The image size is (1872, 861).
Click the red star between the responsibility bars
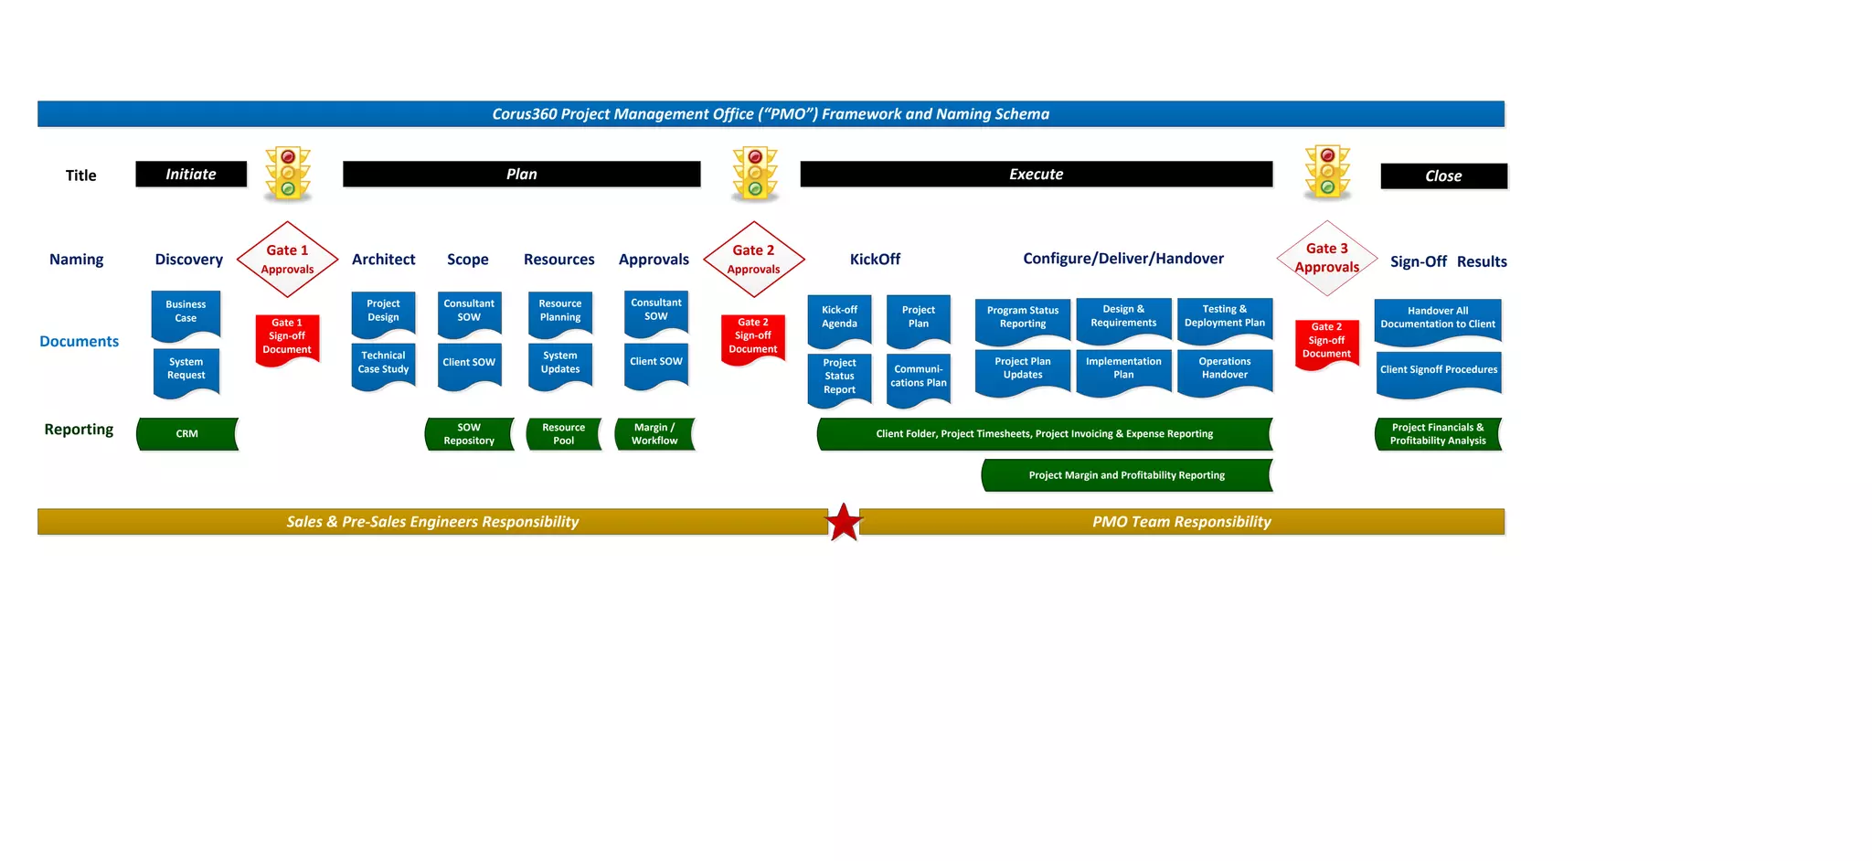(x=844, y=522)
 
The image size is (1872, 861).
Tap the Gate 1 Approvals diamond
(x=287, y=259)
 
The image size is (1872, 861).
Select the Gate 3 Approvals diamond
(x=1326, y=258)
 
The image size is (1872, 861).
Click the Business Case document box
(x=186, y=312)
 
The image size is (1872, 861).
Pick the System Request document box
(x=186, y=369)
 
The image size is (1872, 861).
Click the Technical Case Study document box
(x=383, y=363)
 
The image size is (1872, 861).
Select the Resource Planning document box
(x=560, y=311)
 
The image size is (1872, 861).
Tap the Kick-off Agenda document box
(x=839, y=317)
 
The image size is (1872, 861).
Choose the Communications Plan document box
(x=919, y=377)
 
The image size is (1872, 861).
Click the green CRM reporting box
(x=187, y=434)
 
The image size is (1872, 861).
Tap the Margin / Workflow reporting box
(x=654, y=434)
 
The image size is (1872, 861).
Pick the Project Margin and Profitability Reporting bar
(x=1126, y=475)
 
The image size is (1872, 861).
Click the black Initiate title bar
(x=191, y=175)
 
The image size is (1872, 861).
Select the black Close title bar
(x=1443, y=176)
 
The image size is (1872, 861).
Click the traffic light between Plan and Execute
(x=755, y=174)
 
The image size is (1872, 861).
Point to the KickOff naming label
(x=875, y=260)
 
